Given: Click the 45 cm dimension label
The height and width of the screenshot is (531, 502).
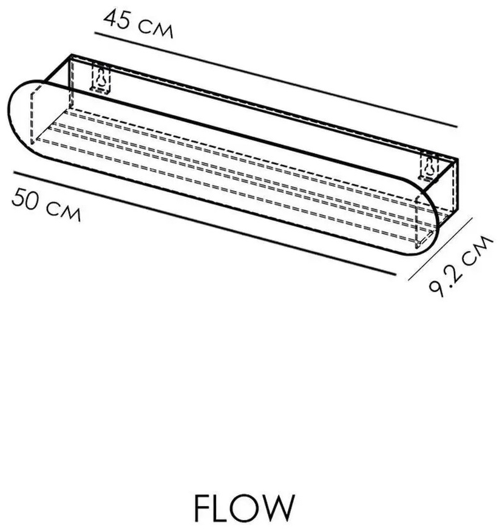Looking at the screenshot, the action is (138, 24).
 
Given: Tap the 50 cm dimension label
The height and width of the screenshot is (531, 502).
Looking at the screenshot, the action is (46, 204).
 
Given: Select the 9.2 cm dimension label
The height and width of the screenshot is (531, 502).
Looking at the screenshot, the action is (460, 267).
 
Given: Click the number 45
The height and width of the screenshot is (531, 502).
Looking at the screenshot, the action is (117, 19).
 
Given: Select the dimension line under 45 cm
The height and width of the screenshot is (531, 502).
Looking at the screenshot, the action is (276, 80).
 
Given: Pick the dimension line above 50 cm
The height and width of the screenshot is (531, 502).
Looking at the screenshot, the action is (205, 224).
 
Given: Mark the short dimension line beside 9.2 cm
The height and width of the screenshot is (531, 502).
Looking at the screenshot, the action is (440, 249).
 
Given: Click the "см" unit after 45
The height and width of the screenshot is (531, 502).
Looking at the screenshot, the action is (157, 30).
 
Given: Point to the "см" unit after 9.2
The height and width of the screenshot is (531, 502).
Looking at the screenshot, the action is (477, 250).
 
